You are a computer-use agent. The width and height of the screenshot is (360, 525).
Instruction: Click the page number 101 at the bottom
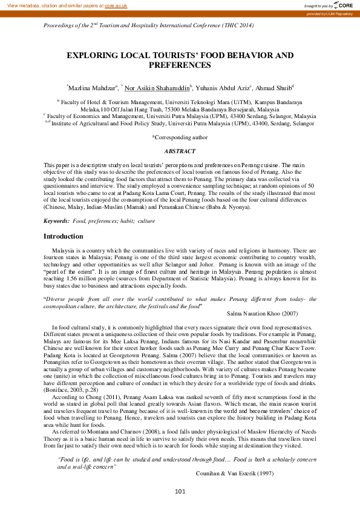pyautogui.click(x=180, y=507)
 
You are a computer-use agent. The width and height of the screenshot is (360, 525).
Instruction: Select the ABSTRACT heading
pyautogui.click(x=180, y=151)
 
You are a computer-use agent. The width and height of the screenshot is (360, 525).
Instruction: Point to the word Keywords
pyautogui.click(x=56, y=221)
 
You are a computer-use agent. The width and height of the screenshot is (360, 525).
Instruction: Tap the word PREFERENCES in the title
pyautogui.click(x=180, y=64)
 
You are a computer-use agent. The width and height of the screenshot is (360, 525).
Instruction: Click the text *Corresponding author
pyautogui.click(x=180, y=137)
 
